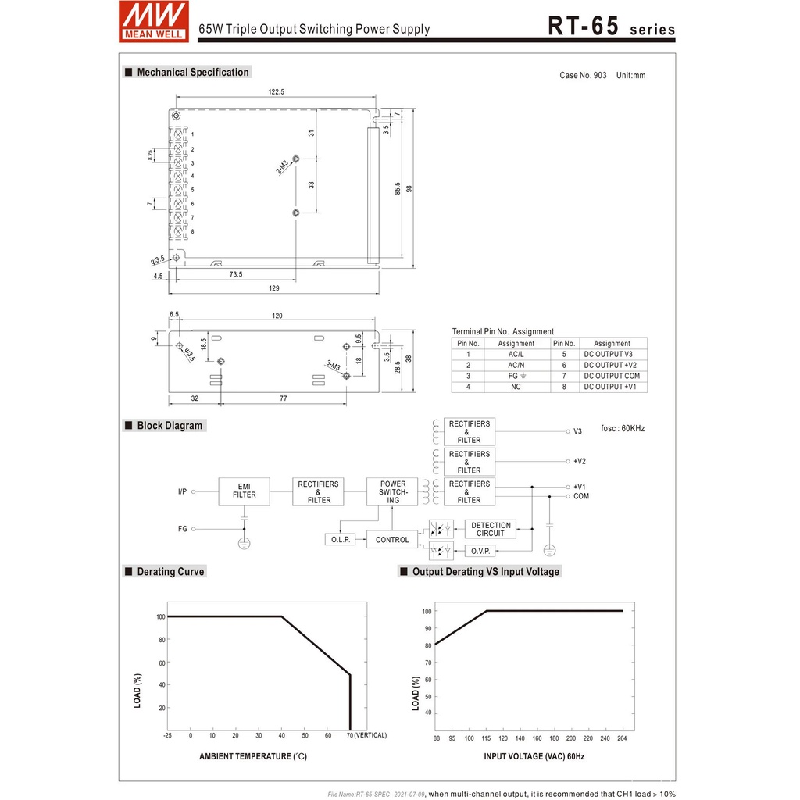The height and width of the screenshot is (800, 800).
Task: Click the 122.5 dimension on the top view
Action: (x=276, y=92)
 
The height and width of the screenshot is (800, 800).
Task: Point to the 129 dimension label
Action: (x=274, y=288)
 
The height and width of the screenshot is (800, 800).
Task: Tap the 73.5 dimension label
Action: (x=235, y=274)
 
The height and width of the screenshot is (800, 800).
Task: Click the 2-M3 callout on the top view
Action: (x=282, y=166)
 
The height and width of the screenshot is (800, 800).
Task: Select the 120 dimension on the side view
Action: (x=277, y=316)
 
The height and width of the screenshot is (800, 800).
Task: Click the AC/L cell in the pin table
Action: (x=516, y=354)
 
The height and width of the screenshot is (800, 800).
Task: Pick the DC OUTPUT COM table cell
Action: (x=612, y=376)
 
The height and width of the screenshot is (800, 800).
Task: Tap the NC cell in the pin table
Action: (x=516, y=387)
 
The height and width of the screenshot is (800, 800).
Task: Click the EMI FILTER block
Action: (x=244, y=490)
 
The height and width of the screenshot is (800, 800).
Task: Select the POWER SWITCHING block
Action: (x=392, y=491)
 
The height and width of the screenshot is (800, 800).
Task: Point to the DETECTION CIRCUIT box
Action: (x=491, y=529)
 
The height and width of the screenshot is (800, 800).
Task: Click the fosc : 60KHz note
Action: (x=623, y=429)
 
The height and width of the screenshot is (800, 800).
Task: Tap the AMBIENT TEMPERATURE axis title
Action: (x=253, y=756)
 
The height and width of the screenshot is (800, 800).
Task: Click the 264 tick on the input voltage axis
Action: (x=622, y=738)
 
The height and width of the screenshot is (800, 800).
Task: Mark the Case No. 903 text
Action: (x=583, y=76)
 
